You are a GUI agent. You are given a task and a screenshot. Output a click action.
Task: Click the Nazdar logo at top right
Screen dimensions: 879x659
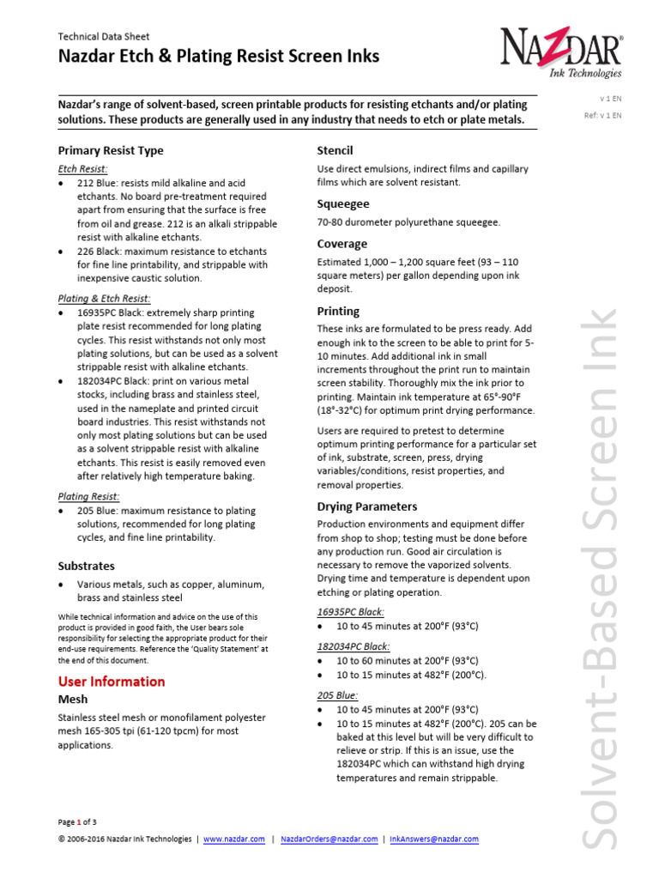[x=561, y=52]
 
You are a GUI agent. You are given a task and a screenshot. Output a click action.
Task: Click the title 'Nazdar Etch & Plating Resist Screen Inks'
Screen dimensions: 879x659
[x=218, y=58]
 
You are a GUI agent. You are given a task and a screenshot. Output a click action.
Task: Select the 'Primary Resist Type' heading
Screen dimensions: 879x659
[x=110, y=150]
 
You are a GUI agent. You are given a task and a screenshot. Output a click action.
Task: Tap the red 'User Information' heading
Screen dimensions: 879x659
[x=111, y=681]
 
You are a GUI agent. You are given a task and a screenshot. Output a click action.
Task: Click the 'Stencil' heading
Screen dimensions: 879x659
[x=335, y=150]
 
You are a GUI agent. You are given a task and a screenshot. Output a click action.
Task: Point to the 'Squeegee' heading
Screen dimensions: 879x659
[x=343, y=204]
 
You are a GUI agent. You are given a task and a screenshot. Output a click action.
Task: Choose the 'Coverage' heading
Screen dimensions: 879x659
[x=342, y=244]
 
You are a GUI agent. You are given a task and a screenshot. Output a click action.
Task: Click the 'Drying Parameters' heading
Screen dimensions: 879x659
[x=367, y=506]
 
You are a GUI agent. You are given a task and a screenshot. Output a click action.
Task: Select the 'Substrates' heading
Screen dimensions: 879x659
[x=86, y=567]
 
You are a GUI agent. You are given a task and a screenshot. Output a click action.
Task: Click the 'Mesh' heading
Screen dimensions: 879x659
[x=73, y=700]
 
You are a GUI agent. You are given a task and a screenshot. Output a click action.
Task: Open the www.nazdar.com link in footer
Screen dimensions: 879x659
[x=234, y=840]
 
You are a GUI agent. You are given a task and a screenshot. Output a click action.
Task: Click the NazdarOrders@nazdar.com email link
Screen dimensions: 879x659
[x=329, y=840]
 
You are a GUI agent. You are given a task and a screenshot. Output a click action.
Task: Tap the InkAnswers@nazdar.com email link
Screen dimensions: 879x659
[x=434, y=840]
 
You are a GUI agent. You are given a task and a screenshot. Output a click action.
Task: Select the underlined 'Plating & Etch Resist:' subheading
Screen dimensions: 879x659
[x=104, y=298]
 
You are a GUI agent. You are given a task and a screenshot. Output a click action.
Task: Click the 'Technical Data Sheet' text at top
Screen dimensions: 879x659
[x=103, y=37]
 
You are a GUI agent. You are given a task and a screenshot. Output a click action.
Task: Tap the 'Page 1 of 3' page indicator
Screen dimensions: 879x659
[x=77, y=821]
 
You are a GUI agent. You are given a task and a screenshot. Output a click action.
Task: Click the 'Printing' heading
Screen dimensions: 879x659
[x=338, y=311]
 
